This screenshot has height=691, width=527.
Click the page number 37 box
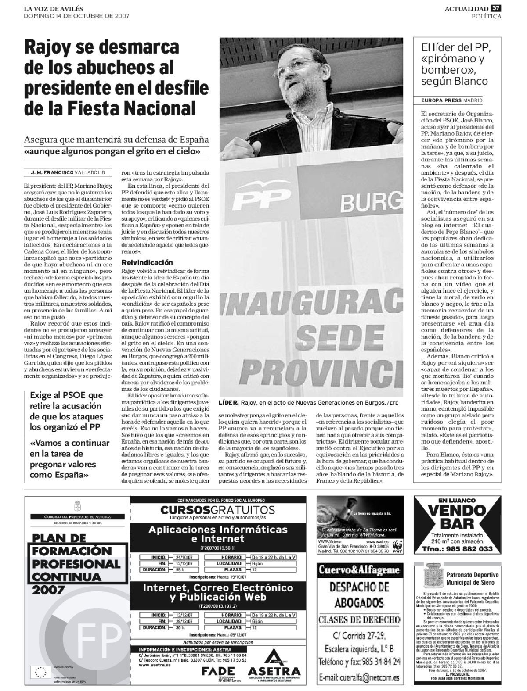pos(496,8)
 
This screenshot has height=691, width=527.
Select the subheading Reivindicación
pos(147,262)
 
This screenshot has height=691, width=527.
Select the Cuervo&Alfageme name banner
pos(359,570)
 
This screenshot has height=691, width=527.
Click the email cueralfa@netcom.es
pos(359,678)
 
